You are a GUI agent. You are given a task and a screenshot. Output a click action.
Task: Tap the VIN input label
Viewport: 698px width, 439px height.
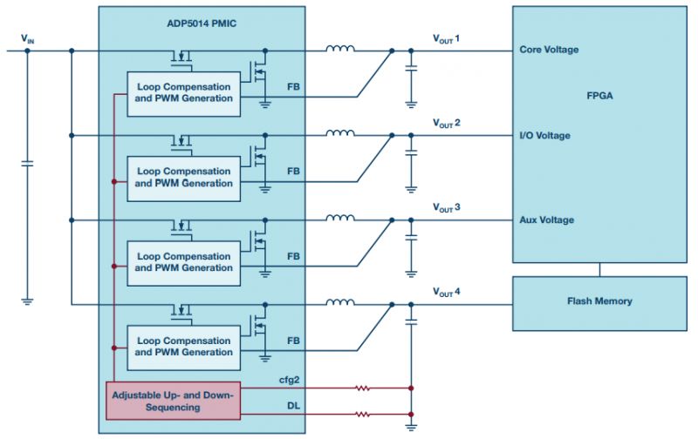[x=29, y=39]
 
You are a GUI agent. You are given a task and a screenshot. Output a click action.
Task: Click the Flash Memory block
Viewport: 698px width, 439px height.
[x=599, y=301]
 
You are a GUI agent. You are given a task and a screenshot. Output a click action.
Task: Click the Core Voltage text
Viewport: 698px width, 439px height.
[x=548, y=50]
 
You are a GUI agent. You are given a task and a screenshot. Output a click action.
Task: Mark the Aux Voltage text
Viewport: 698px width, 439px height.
[x=546, y=219]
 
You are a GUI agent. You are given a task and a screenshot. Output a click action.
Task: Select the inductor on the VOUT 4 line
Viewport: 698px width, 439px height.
[x=340, y=303]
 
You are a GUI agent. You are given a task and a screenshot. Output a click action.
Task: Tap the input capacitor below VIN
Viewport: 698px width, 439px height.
[x=28, y=162]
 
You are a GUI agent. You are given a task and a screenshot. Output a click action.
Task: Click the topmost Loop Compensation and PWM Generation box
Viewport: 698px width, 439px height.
[x=184, y=92]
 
